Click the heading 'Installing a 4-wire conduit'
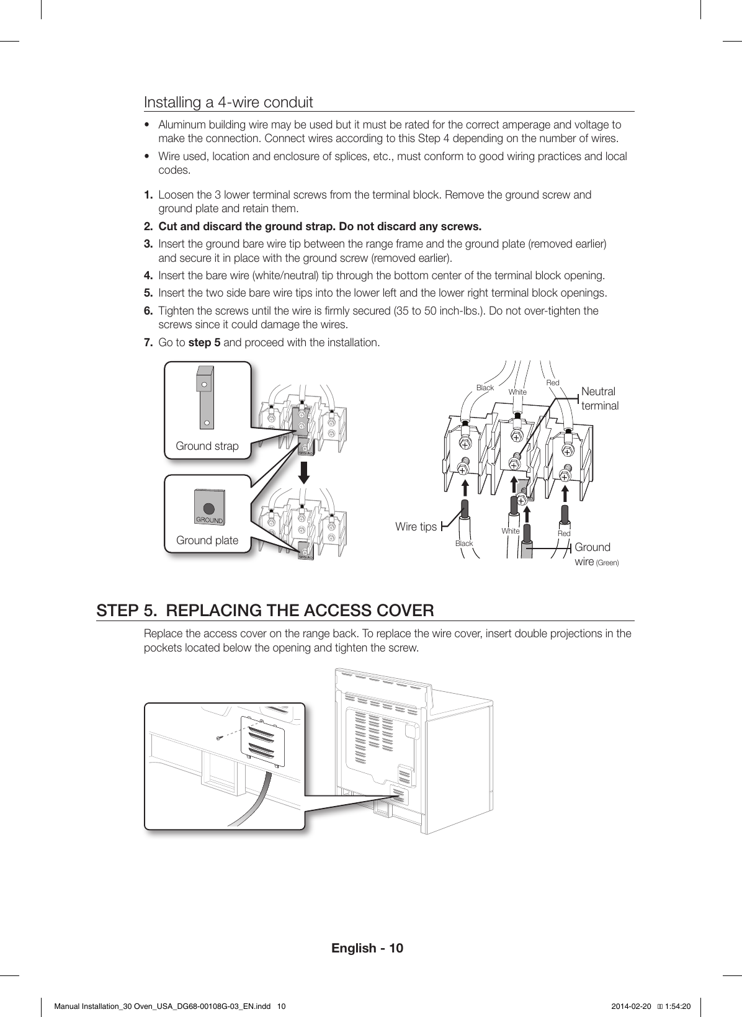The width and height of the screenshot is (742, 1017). (228, 102)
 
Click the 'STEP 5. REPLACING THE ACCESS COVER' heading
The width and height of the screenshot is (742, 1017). (265, 611)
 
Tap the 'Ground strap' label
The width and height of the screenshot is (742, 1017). (207, 446)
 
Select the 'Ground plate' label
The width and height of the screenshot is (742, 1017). (207, 540)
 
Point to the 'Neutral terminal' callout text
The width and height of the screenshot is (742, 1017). (599, 398)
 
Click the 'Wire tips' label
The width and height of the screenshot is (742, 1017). (416, 527)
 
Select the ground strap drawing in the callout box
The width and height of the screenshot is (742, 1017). (205, 397)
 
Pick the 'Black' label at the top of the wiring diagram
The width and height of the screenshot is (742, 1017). (485, 388)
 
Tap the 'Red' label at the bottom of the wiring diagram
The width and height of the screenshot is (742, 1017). (564, 534)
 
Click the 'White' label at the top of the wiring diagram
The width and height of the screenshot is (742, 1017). (517, 392)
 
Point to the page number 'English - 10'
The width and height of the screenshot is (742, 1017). (367, 948)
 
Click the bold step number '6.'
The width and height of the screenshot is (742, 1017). (149, 310)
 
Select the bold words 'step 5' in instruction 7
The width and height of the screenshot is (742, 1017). (204, 343)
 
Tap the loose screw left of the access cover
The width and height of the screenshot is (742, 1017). (218, 738)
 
